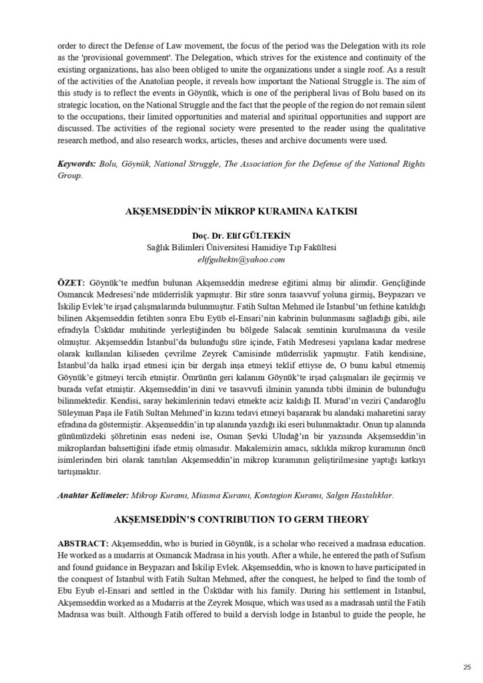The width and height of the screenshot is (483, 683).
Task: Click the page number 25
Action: [x=466, y=666]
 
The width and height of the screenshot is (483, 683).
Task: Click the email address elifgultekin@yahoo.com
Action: [x=241, y=259]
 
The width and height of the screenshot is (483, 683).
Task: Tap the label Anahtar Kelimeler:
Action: [x=93, y=496]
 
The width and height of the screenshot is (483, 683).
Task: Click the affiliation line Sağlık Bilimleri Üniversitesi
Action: [x=241, y=247]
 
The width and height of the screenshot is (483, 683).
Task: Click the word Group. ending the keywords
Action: [x=70, y=176]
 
